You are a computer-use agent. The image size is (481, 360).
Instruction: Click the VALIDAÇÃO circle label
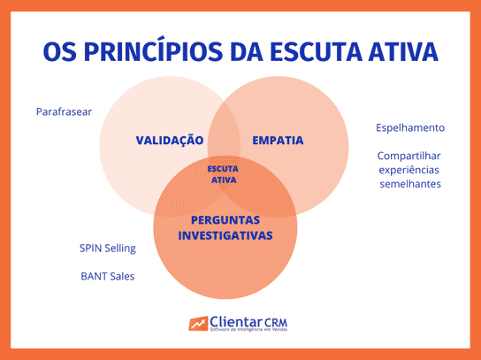(170, 141)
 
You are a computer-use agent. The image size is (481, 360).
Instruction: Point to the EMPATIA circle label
(278, 141)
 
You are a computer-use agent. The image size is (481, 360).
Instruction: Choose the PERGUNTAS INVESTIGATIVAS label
(225, 227)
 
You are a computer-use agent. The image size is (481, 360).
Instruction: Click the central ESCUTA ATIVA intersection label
(224, 173)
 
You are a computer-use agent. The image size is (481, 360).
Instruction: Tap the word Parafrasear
(64, 112)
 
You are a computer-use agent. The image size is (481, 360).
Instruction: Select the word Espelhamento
(409, 127)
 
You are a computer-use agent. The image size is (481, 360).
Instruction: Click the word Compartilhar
(409, 155)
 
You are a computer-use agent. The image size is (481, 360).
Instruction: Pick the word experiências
(409, 169)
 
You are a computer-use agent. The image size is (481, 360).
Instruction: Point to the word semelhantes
(409, 183)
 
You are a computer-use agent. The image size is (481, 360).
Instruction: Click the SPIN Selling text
(107, 248)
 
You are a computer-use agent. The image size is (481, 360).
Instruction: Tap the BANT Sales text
(107, 276)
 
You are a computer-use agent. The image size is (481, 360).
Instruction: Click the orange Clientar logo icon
(198, 324)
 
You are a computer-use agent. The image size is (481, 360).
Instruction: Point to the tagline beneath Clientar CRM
(255, 332)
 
